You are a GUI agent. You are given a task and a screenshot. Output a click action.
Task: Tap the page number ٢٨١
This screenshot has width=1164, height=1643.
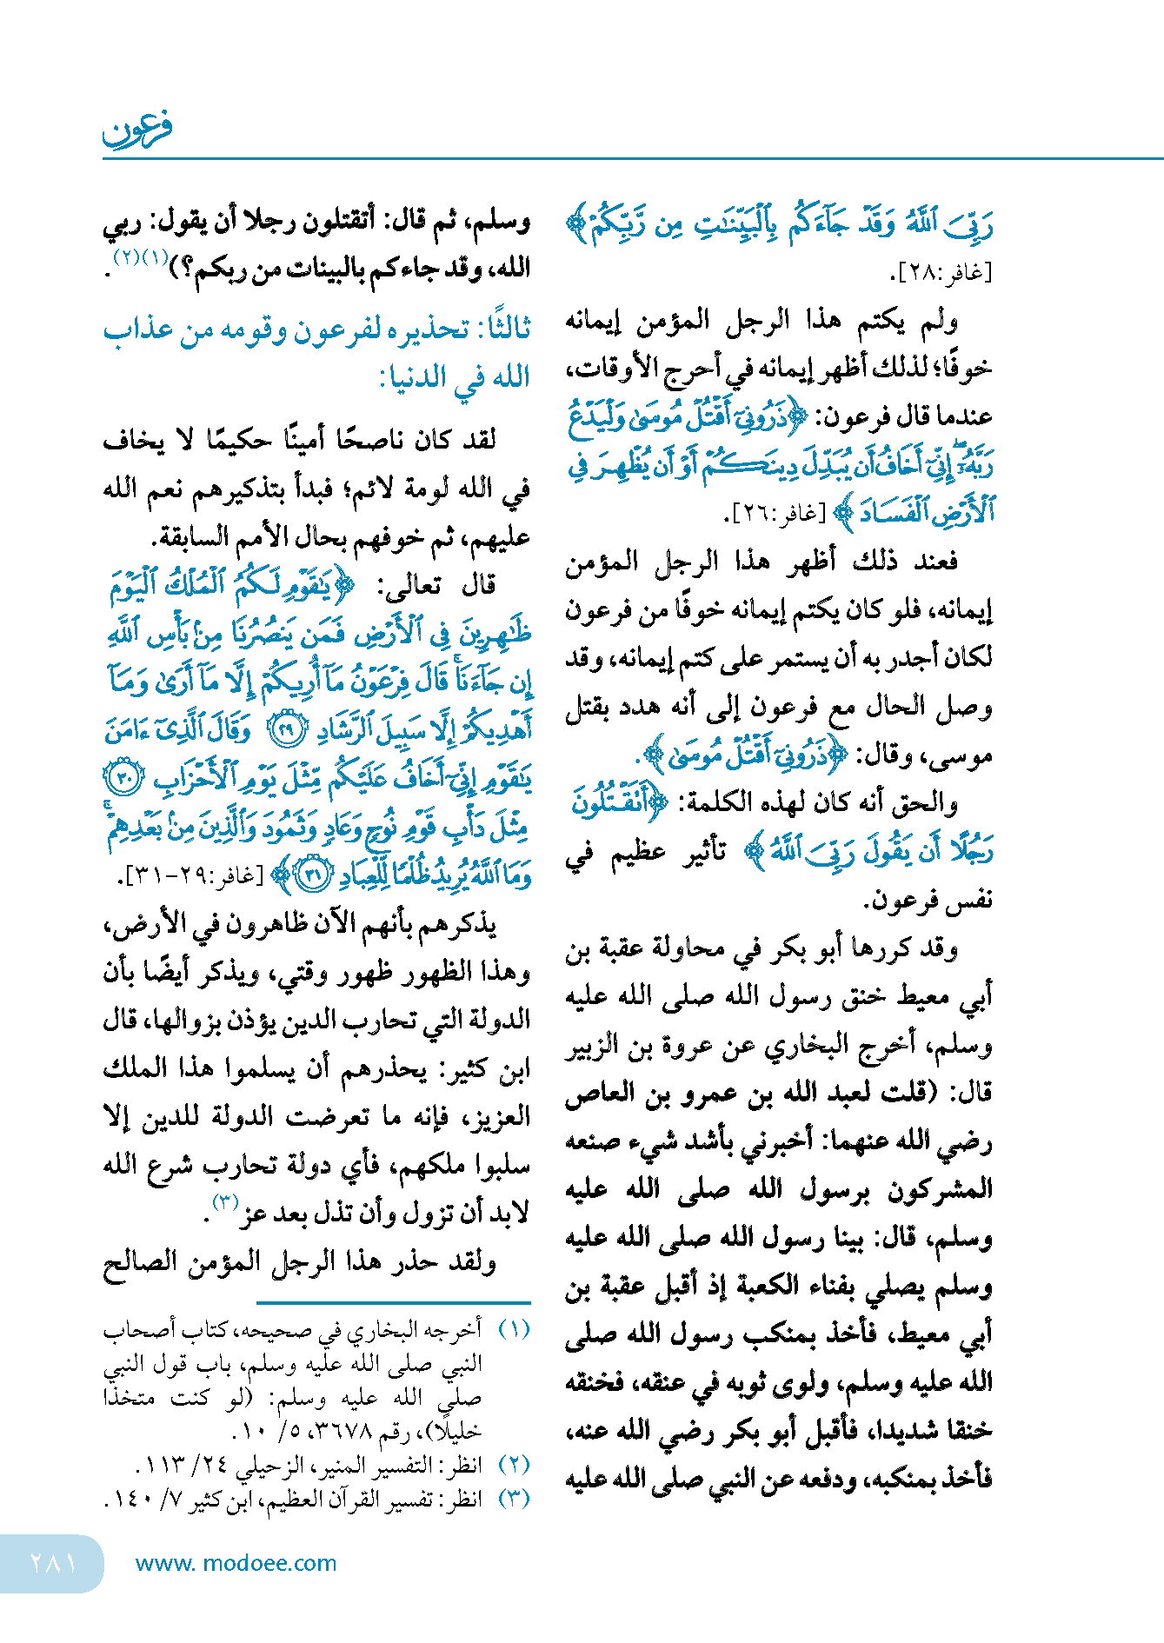[53, 1563]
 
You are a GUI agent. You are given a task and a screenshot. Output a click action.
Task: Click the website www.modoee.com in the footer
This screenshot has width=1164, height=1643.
[236, 1563]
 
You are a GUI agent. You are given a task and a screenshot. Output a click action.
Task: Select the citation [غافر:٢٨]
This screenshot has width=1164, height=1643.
[942, 273]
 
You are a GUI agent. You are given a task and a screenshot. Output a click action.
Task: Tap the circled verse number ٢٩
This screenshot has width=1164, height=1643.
[287, 730]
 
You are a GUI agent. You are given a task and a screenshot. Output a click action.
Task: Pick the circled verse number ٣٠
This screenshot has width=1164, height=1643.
[123, 776]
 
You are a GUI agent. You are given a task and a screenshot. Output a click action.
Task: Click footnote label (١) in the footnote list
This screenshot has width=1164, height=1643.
[514, 1329]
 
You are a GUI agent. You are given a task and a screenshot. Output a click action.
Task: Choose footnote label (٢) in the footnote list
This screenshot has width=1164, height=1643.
[514, 1465]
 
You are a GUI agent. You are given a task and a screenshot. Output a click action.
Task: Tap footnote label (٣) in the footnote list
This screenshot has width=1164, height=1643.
[514, 1499]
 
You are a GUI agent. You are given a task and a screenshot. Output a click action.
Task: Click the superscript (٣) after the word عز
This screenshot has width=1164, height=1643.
[225, 1202]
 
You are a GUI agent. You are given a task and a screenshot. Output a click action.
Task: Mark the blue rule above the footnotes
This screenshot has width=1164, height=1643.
[393, 1302]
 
